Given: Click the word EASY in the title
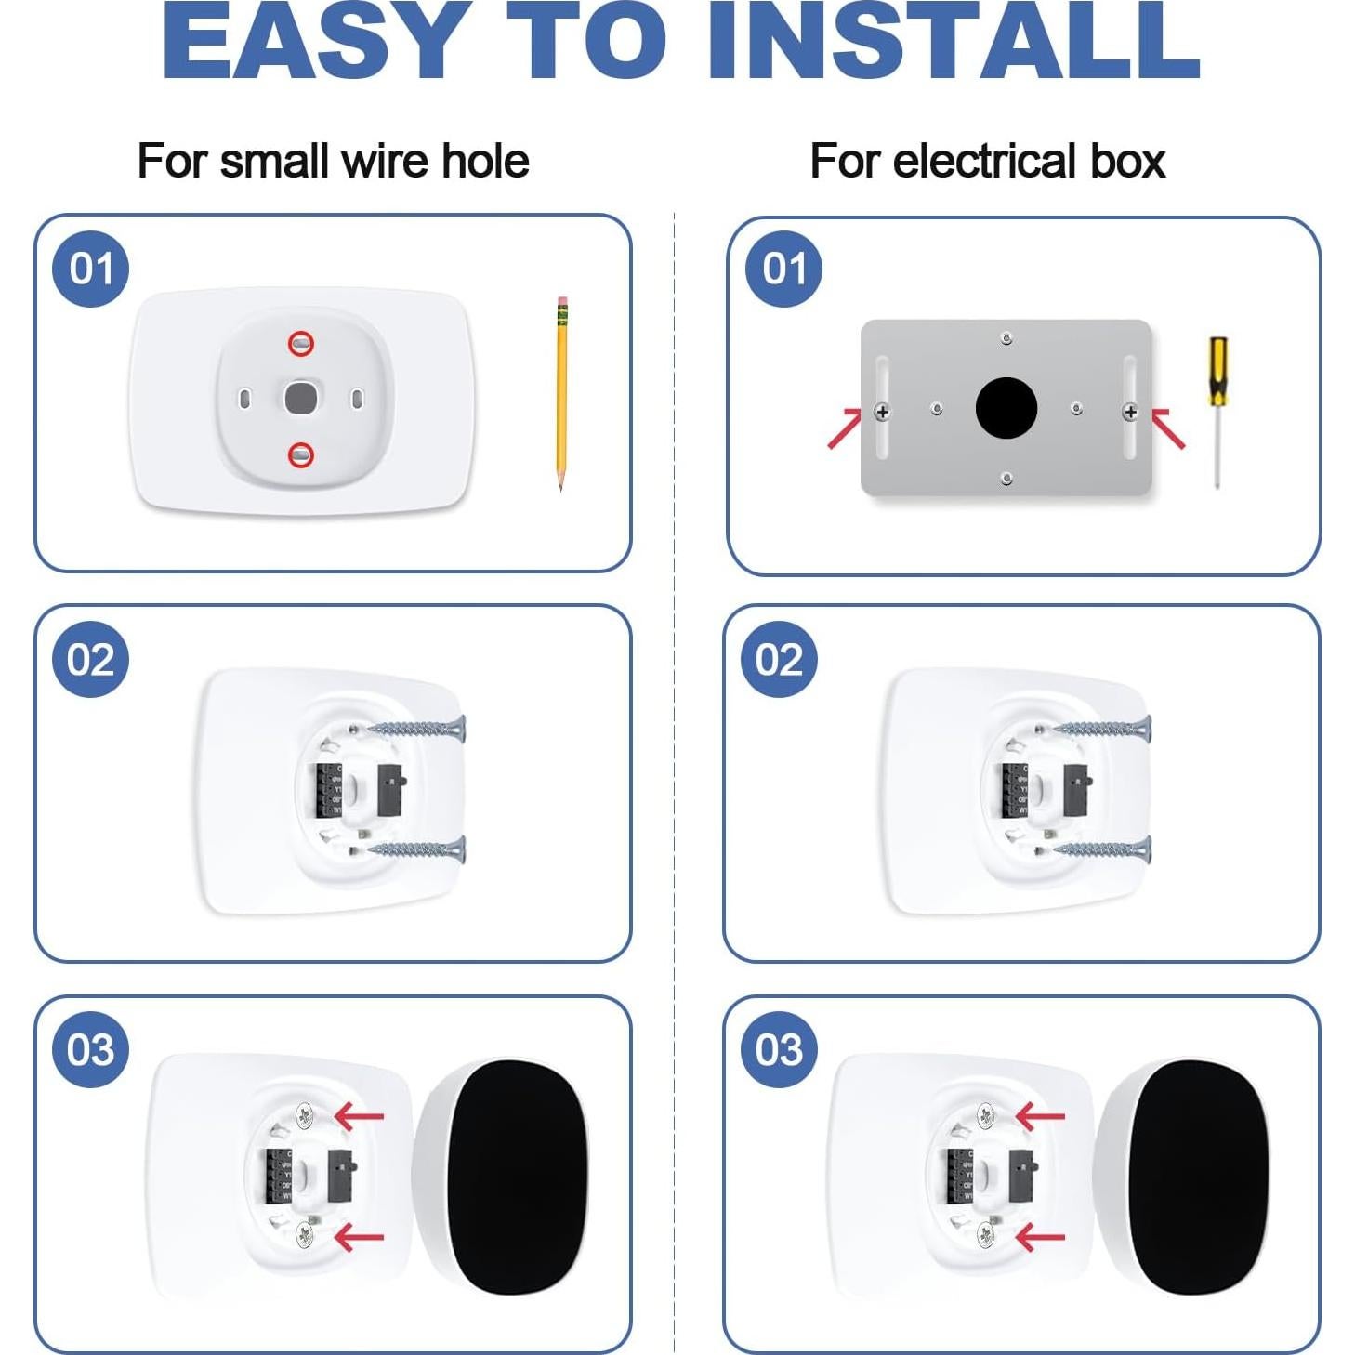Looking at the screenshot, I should [x=311, y=41].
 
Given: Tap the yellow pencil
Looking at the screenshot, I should [x=561, y=390].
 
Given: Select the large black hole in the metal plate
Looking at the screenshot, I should [x=1006, y=408].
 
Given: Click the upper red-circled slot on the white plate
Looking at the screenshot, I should [x=300, y=344].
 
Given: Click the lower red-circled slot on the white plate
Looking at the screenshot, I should [x=300, y=454].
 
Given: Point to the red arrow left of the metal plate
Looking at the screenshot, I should [x=844, y=428].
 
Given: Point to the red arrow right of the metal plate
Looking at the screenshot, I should [x=1168, y=428].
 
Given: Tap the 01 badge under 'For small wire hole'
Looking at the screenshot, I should [x=90, y=269].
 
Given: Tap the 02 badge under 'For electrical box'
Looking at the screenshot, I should [x=779, y=660].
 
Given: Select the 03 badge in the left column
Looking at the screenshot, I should [x=90, y=1050].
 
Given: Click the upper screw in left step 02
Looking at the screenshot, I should [x=418, y=729].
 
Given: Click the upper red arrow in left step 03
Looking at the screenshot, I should [x=359, y=1115].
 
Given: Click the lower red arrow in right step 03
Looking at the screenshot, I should [x=1040, y=1237].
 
